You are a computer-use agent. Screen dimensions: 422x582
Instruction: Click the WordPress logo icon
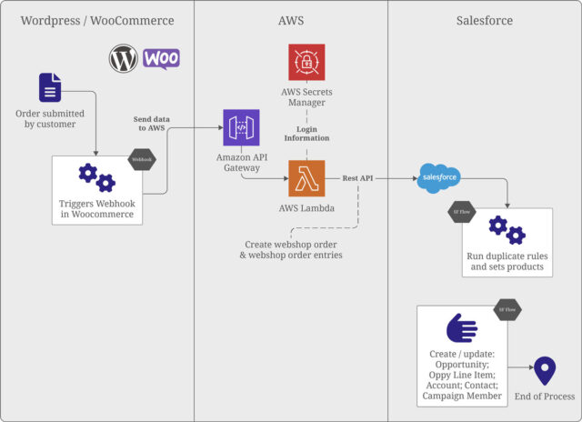pyautogui.click(x=123, y=59)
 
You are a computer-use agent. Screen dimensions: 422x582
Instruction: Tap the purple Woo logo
pyautogui.click(x=161, y=58)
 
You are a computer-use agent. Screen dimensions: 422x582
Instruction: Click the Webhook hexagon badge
pyautogui.click(x=143, y=159)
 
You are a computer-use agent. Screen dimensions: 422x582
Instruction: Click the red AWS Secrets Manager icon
pyautogui.click(x=306, y=63)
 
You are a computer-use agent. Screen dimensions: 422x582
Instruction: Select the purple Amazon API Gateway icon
pyautogui.click(x=241, y=127)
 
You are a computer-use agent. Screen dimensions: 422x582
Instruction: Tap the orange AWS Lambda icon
pyautogui.click(x=306, y=178)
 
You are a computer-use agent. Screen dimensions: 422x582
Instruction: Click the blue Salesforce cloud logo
pyautogui.click(x=439, y=176)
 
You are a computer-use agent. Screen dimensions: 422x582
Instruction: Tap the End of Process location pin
pyautogui.click(x=544, y=371)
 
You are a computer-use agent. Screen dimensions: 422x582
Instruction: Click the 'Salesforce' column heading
pyautogui.click(x=484, y=20)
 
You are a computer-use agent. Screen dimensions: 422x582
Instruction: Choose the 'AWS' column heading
pyautogui.click(x=291, y=20)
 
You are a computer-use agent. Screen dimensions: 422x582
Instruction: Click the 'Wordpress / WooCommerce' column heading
pyautogui.click(x=96, y=20)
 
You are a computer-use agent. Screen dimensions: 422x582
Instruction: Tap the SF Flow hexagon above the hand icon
pyautogui.click(x=506, y=310)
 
